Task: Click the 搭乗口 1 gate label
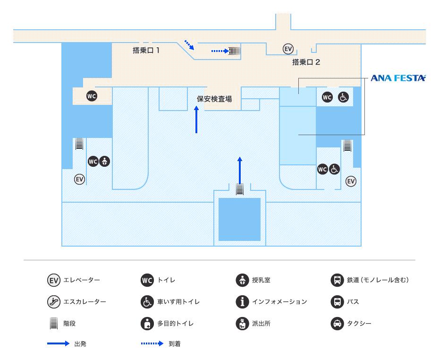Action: (146, 51)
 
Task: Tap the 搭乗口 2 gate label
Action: (306, 62)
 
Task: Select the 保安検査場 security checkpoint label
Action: (214, 99)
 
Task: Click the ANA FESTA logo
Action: (397, 78)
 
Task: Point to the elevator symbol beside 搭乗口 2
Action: (288, 49)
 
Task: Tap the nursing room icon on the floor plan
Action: (104, 161)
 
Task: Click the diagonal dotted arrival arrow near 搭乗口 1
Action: (189, 44)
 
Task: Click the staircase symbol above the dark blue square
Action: (240, 189)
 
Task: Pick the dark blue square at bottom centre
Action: (239, 219)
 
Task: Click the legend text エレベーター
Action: (81, 280)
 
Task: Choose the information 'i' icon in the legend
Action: (242, 301)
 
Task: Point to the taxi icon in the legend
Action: (337, 324)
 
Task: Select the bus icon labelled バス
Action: (337, 301)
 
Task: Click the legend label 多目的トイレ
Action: (175, 324)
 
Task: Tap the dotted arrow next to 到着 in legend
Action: (152, 344)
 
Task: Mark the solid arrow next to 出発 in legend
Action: (58, 344)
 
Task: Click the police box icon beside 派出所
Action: (242, 324)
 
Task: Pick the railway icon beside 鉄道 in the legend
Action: (337, 280)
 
